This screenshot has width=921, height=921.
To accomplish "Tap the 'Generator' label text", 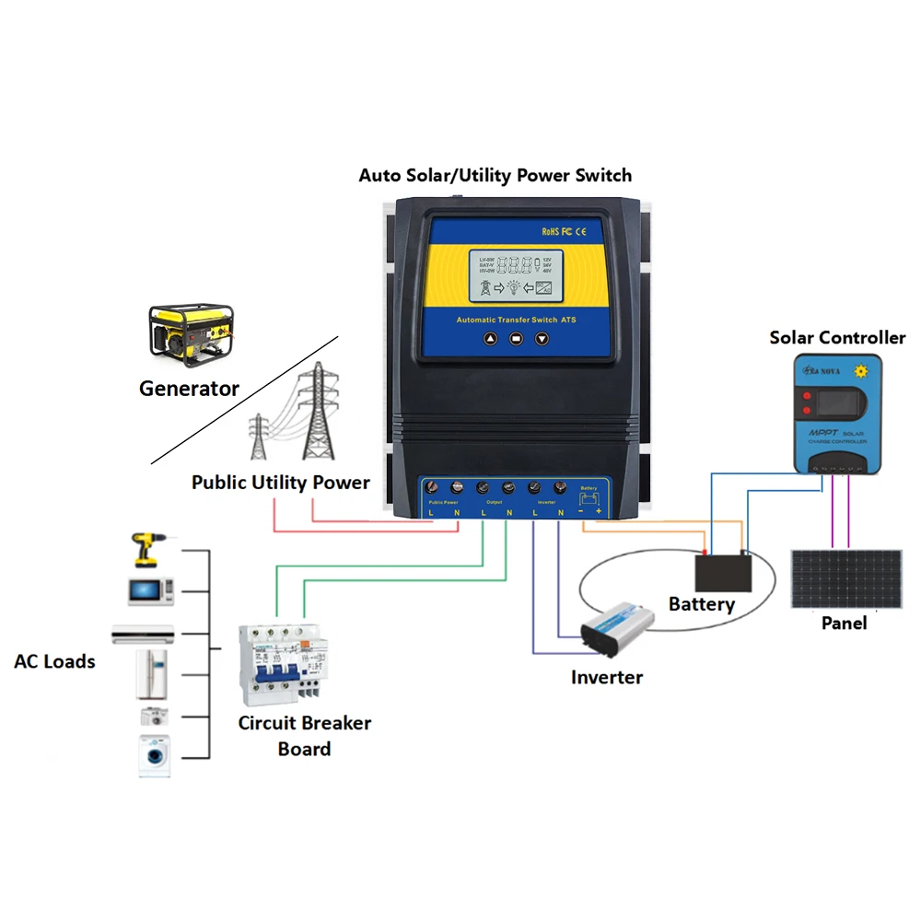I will point(189,389).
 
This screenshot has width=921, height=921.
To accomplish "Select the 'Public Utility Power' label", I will point(281,483).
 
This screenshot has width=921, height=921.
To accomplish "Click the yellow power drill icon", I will point(147,550).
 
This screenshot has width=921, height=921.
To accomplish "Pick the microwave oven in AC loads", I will point(151,590).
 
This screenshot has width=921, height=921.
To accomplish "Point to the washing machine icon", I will point(156,756).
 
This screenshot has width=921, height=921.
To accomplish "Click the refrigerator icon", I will point(152,675).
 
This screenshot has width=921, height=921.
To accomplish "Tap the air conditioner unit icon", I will point(143,634).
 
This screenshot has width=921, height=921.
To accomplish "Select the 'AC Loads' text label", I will point(54,661).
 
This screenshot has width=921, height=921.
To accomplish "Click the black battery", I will point(723,572).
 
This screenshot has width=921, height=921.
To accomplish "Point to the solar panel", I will point(846,578).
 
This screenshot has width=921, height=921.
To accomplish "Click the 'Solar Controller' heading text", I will point(837,338).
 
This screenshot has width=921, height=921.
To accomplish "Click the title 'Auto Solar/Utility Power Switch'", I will point(495,175).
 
